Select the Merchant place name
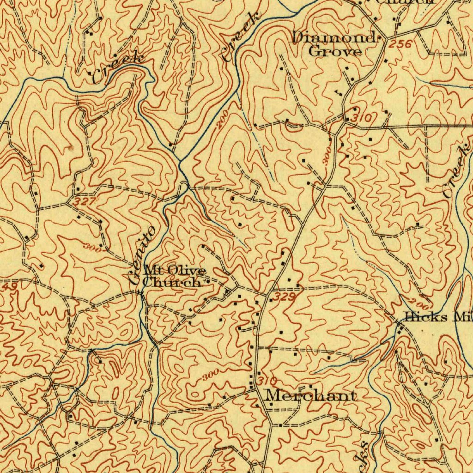[x=311, y=396]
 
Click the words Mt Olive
[x=174, y=270]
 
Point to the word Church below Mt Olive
[x=171, y=282]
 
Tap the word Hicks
[x=426, y=317]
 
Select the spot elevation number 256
[x=400, y=44]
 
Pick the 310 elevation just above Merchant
[x=267, y=381]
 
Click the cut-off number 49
[x=9, y=287]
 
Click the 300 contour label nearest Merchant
[x=210, y=375]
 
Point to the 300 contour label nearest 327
[x=93, y=248]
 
